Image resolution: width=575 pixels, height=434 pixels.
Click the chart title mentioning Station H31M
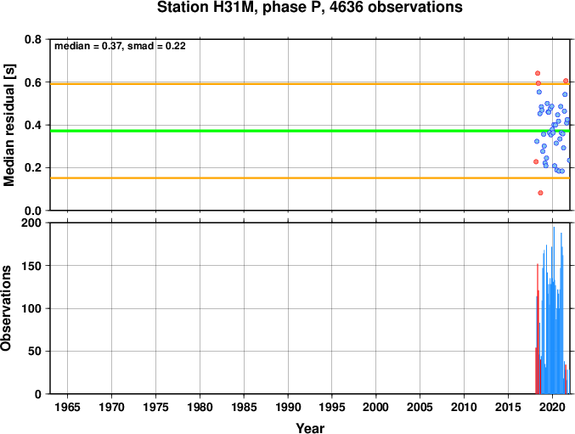[309, 7]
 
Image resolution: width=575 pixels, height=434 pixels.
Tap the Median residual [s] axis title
[8, 125]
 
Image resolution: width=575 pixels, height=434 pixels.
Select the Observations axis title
[6, 308]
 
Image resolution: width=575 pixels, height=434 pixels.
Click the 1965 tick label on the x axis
[67, 407]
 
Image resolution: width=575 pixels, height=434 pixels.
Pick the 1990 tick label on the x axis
[288, 407]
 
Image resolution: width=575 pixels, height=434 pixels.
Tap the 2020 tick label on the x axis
[552, 407]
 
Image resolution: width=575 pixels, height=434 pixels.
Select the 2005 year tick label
[420, 407]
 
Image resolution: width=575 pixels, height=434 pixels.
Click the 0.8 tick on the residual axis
[33, 39]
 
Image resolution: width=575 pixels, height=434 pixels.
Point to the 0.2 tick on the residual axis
[33, 168]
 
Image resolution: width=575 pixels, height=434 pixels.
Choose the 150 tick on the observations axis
[31, 266]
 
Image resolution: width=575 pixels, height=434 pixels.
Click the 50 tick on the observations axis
[35, 351]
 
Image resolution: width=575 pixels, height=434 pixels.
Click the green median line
[310, 131]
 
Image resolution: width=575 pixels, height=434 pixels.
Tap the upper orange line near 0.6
[310, 84]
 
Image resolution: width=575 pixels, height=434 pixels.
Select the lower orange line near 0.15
[310, 178]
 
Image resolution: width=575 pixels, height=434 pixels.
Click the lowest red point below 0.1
[540, 193]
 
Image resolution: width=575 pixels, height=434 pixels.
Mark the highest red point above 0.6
[538, 73]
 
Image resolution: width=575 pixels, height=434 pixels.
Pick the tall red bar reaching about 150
[538, 329]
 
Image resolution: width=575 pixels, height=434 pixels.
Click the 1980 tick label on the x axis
[200, 407]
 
